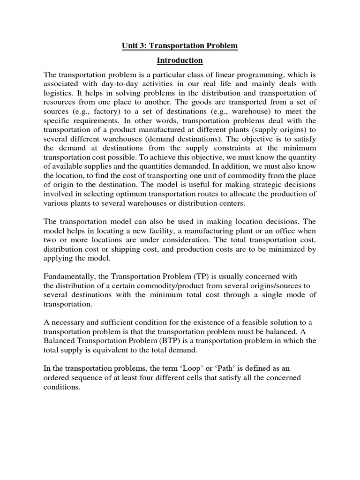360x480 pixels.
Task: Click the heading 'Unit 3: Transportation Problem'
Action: [x=180, y=46]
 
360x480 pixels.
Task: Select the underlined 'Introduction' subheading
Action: [x=180, y=60]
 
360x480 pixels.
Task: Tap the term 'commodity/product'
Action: [x=167, y=286]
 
